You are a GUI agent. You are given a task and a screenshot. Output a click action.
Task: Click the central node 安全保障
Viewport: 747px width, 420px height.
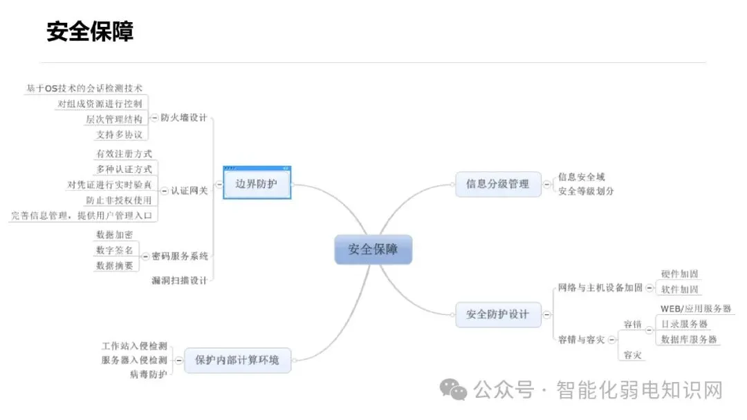click(x=373, y=249)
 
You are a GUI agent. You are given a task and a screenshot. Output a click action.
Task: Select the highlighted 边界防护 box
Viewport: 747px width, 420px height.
click(x=257, y=184)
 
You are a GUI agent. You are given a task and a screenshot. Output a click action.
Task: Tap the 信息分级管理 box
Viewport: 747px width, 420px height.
click(x=498, y=184)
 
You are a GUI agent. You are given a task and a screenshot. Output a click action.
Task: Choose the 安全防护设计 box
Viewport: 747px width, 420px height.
click(x=498, y=314)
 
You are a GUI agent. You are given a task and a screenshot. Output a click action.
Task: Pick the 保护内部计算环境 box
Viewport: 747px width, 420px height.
click(x=237, y=360)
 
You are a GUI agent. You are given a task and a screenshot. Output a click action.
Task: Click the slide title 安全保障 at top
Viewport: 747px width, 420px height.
click(x=90, y=31)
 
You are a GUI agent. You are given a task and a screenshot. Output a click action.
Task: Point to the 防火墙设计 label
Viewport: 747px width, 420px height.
click(x=184, y=117)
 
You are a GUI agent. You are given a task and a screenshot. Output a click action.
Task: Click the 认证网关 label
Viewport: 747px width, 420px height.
click(x=190, y=191)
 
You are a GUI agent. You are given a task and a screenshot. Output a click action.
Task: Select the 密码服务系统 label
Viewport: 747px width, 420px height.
click(x=180, y=256)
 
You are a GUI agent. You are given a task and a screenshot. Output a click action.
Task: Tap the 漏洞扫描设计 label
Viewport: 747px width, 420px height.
click(x=179, y=280)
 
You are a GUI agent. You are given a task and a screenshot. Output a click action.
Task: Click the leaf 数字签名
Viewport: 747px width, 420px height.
click(x=115, y=250)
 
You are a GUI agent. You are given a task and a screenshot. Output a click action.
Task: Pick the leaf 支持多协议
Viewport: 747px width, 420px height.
click(x=120, y=134)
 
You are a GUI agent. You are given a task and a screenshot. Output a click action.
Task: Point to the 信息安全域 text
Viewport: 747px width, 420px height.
click(x=582, y=177)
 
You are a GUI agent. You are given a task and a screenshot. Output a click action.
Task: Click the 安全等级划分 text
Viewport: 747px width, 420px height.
click(x=586, y=191)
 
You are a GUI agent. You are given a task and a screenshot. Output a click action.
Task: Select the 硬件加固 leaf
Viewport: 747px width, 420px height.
click(x=680, y=274)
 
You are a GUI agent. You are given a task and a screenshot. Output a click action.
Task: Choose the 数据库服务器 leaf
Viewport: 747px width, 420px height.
click(x=689, y=339)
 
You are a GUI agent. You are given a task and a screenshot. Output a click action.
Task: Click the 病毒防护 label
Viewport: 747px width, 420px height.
click(x=148, y=374)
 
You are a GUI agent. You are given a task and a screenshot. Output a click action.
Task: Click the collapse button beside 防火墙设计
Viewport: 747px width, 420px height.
click(x=154, y=118)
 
